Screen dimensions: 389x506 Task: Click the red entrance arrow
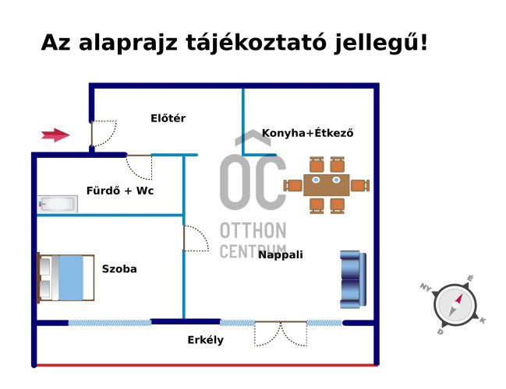coord(55,135)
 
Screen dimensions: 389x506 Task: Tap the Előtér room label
coord(168,118)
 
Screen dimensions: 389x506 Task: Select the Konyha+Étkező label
coord(307,133)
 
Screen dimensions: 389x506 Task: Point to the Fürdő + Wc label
coord(119,190)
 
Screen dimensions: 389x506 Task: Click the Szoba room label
coord(119,269)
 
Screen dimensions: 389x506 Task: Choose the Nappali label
coord(281,254)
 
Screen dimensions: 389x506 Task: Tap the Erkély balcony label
coord(205,340)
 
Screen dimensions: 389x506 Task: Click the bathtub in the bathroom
coord(58,205)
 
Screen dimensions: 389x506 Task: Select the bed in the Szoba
coord(66,277)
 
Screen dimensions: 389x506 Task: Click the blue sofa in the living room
coord(352,279)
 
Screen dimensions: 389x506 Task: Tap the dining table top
coord(327,185)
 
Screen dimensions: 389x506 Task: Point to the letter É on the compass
coord(470,279)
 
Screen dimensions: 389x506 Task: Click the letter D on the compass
coord(441,331)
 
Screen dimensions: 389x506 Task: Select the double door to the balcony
coord(281,333)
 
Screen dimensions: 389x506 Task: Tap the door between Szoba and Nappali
coord(195,238)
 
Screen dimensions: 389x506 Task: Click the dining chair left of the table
coord(293,185)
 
